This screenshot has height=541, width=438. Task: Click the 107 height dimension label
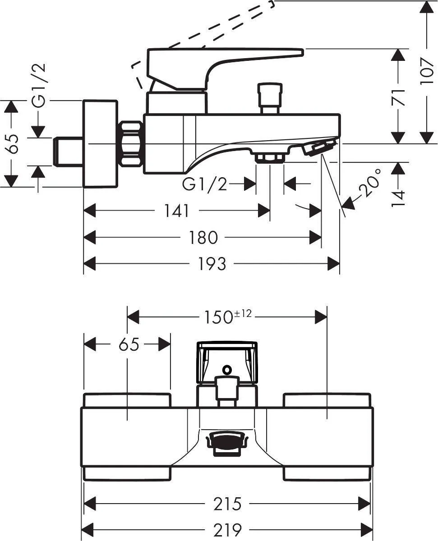click(426, 71)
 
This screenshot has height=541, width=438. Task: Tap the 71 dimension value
click(398, 97)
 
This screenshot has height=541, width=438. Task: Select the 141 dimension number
click(176, 211)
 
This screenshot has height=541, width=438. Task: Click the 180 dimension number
click(203, 238)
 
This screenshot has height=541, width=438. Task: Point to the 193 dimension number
click(212, 264)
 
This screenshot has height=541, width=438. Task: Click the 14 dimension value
click(398, 198)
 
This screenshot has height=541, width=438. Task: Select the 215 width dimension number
click(227, 504)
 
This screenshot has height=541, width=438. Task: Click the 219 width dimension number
click(227, 530)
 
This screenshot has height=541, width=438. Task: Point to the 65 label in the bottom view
click(129, 344)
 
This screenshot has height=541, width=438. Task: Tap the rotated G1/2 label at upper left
click(39, 86)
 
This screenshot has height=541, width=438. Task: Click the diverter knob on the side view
click(270, 98)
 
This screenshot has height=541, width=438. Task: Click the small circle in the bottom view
click(227, 369)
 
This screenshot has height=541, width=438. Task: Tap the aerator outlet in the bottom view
click(227, 442)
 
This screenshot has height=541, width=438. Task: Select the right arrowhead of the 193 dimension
click(333, 264)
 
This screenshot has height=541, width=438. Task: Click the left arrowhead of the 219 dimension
click(88, 530)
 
